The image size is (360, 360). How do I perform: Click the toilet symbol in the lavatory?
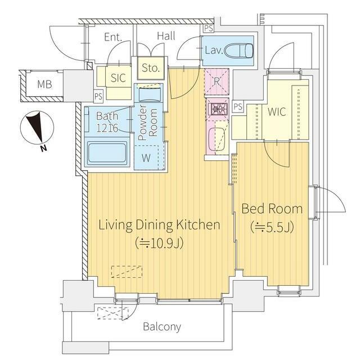point(238,51)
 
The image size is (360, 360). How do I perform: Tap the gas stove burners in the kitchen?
point(217,109)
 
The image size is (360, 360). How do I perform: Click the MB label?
point(44,84)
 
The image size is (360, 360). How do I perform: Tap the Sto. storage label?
point(151,68)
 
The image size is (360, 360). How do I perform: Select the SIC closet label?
point(118,78)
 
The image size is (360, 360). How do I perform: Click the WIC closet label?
point(277,112)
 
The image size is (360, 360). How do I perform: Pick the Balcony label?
point(162,326)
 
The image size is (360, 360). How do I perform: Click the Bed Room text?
point(272,209)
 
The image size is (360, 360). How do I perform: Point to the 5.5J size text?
point(272,227)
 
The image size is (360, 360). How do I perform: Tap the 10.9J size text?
point(159,244)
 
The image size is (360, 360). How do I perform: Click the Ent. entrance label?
point(113,37)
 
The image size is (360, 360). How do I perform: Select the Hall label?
point(166,36)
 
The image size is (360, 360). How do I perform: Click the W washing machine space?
point(146,157)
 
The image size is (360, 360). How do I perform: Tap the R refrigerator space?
point(217,81)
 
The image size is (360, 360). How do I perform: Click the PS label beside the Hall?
point(209,29)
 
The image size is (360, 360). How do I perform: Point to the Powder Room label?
point(148,123)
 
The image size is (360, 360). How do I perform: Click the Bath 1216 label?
point(107,122)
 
